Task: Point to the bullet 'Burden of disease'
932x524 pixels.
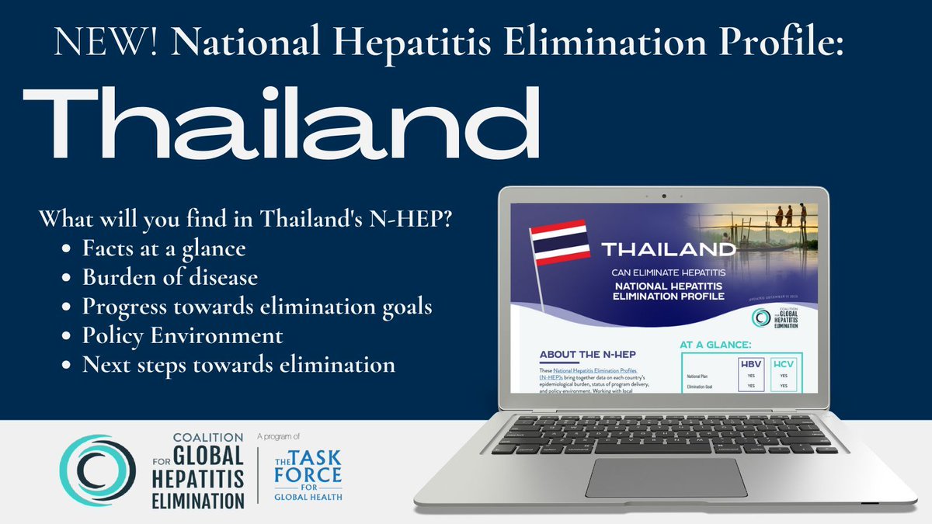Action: (169, 276)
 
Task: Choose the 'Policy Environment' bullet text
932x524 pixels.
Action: (183, 336)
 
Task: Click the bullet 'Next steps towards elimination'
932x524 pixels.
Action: (238, 363)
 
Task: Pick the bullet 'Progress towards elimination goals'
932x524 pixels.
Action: (257, 306)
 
